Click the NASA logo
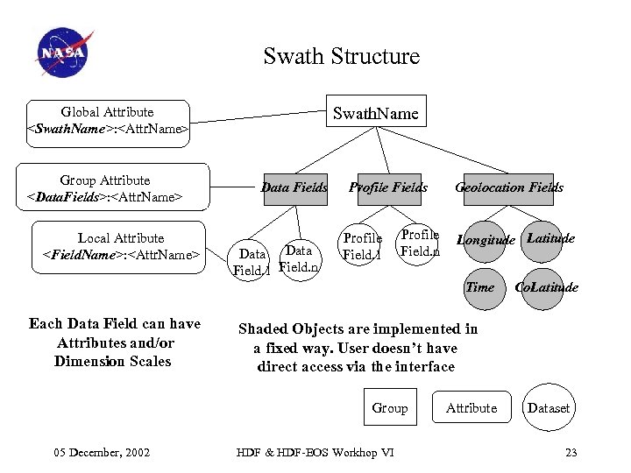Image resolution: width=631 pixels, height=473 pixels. pyautogui.click(x=63, y=53)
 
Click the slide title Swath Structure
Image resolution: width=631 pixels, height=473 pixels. pyautogui.click(x=341, y=57)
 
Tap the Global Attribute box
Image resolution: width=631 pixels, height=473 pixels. pyautogui.click(x=107, y=121)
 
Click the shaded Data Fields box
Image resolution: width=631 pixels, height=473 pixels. pyautogui.click(x=294, y=187)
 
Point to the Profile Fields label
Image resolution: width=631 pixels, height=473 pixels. pyautogui.click(x=388, y=187)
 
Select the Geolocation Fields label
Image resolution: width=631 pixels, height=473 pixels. pyautogui.click(x=508, y=187)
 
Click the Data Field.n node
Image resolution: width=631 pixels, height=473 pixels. pyautogui.click(x=299, y=259)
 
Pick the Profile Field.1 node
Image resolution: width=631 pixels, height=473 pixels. pyautogui.click(x=362, y=246)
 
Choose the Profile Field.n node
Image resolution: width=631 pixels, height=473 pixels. pyautogui.click(x=419, y=243)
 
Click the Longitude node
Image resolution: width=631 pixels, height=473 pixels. pyautogui.click(x=486, y=240)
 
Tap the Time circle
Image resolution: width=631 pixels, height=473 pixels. pyautogui.click(x=480, y=287)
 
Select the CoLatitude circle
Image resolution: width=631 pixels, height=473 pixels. pyautogui.click(x=546, y=287)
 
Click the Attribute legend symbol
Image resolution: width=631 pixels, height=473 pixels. pyautogui.click(x=471, y=408)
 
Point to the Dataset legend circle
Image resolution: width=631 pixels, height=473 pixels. pyautogui.click(x=549, y=408)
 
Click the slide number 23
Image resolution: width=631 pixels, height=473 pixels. pyautogui.click(x=571, y=452)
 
